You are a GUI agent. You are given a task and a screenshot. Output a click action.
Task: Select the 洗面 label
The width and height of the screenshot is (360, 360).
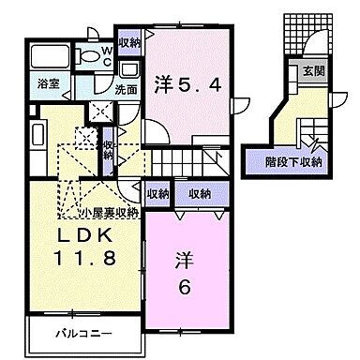coord(127,91)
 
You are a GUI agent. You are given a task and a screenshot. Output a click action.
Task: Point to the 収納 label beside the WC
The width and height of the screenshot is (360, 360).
coord(129,42)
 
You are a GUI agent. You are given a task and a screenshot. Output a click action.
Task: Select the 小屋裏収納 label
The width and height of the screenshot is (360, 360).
coord(109,212)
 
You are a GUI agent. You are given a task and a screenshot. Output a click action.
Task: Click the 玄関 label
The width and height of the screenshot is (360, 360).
coord(308,72)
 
